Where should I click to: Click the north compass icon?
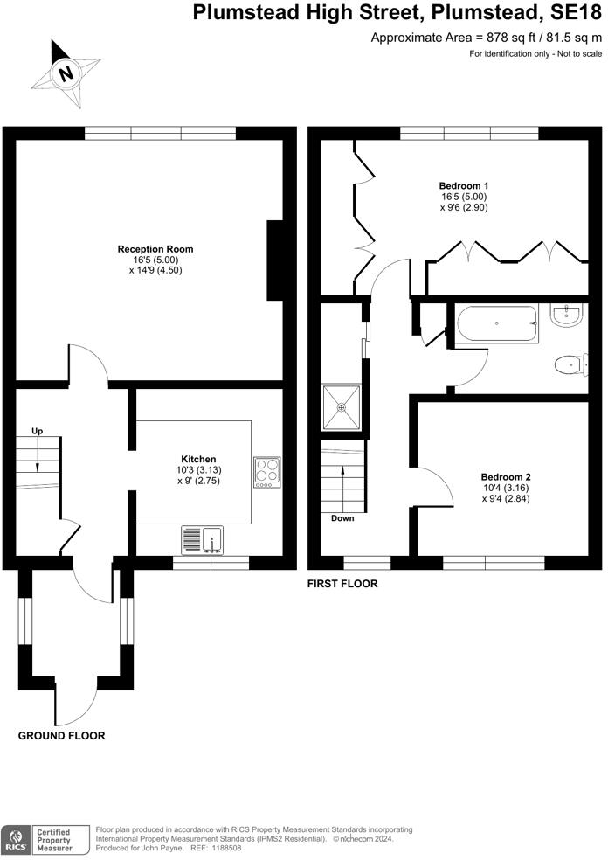(x=65, y=73)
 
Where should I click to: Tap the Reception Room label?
(x=155, y=249)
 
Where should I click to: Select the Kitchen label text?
(x=198, y=459)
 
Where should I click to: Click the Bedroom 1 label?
(x=463, y=186)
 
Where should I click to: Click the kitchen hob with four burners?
(x=266, y=472)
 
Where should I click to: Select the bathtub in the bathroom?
(x=496, y=324)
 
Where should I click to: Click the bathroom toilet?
(x=570, y=362)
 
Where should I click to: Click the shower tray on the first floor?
(x=342, y=406)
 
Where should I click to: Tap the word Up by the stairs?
(x=38, y=431)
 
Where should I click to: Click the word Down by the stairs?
(x=342, y=518)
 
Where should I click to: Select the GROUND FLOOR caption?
(x=61, y=736)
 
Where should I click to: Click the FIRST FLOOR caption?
(x=342, y=584)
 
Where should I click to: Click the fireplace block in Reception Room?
(x=275, y=261)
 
